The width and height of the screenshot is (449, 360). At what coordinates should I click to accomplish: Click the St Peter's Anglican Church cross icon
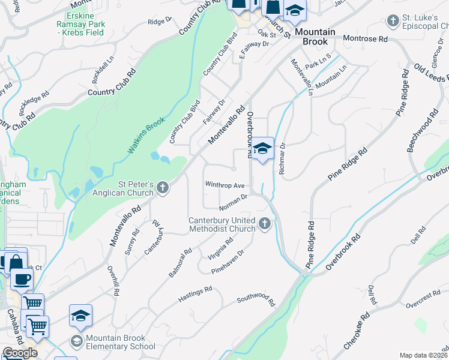point(161,189)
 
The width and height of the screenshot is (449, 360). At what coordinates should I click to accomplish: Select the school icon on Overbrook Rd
point(262,149)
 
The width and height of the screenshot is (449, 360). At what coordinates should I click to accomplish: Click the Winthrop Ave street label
point(225,185)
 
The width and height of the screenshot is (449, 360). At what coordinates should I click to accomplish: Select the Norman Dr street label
point(234,202)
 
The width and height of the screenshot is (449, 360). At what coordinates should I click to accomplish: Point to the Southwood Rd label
point(255,299)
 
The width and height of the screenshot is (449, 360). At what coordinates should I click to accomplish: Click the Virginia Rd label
point(220,248)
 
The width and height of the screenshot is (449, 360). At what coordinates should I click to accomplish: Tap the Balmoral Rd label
point(179,263)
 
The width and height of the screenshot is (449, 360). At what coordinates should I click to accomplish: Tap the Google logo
point(20,352)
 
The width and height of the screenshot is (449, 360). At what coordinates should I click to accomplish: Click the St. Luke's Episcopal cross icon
point(393,22)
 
